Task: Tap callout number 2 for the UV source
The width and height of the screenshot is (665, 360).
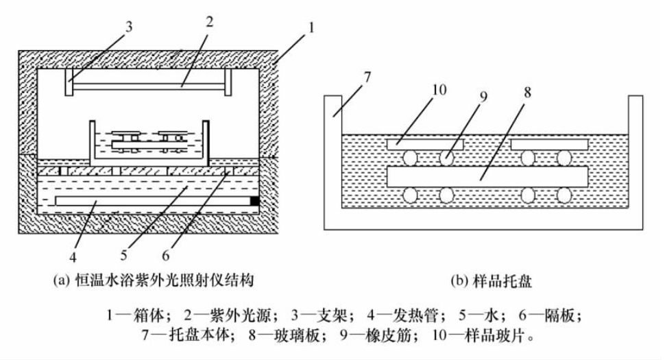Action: [209, 21]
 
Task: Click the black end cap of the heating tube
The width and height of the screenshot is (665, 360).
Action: [255, 201]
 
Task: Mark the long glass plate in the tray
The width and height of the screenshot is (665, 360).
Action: [487, 176]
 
